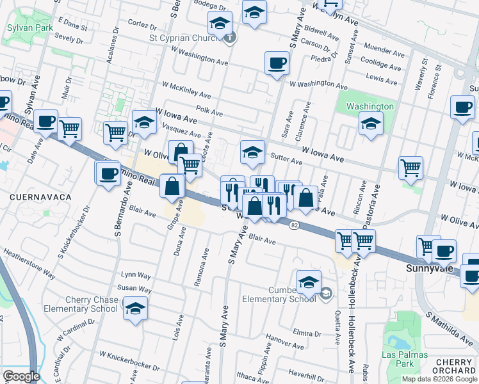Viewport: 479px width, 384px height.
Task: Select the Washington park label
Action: pyautogui.click(x=369, y=106)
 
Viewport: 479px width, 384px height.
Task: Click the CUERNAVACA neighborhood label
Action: pyautogui.click(x=40, y=198)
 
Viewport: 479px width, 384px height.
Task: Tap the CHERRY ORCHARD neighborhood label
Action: pyautogui.click(x=453, y=367)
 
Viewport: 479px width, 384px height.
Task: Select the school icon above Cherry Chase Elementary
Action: pyautogui.click(x=135, y=308)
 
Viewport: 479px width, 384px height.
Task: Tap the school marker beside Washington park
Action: pyautogui.click(x=370, y=124)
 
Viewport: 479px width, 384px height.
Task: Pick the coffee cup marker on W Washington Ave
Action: pyautogui.click(x=277, y=63)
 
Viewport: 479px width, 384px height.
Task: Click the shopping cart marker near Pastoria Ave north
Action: pyautogui.click(x=410, y=168)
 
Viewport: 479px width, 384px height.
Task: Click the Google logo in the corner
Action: pyautogui.click(x=21, y=376)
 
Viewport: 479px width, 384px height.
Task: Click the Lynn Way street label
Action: pyautogui.click(x=135, y=275)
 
